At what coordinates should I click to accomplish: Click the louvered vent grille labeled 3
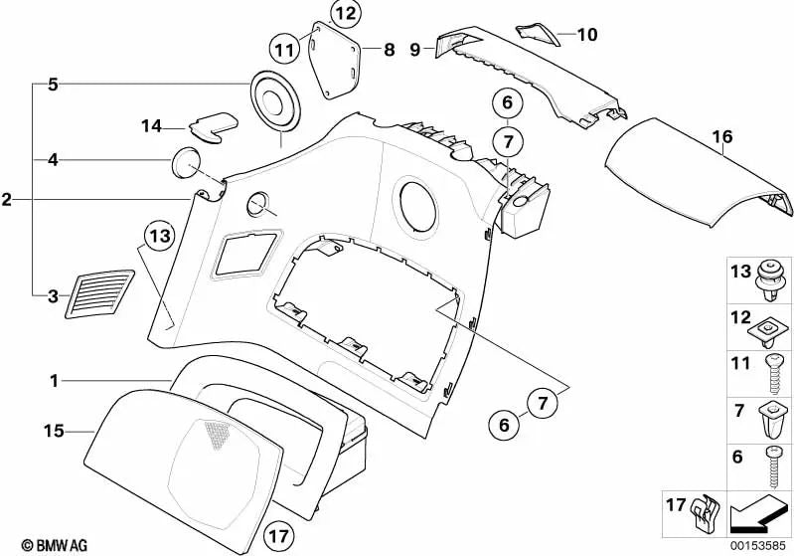[x=99, y=294]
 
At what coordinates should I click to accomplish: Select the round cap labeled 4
[x=186, y=162]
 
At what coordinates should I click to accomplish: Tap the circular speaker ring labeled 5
[x=275, y=101]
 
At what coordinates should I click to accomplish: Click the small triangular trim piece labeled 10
[x=538, y=34]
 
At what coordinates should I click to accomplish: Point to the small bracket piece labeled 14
[x=214, y=126]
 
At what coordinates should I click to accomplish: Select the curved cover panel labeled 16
[x=699, y=172]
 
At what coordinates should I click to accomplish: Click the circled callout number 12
[x=346, y=13]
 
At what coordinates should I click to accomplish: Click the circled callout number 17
[x=279, y=536]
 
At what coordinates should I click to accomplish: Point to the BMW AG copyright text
[x=55, y=545]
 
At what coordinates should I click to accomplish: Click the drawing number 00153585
[x=758, y=545]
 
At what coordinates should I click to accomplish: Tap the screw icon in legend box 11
[x=772, y=374]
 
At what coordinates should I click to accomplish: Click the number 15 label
[x=54, y=431]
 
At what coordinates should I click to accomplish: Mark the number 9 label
[x=414, y=50]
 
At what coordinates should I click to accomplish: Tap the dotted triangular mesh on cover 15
[x=218, y=434]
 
